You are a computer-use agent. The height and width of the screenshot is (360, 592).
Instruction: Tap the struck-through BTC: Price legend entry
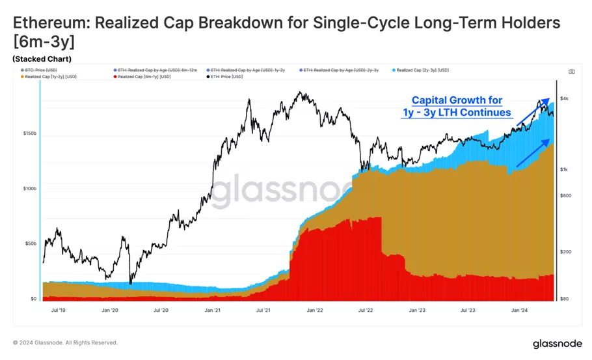(41, 70)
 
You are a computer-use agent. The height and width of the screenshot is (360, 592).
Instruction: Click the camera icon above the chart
(571, 72)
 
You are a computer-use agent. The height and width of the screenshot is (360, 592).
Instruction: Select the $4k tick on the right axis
(565, 99)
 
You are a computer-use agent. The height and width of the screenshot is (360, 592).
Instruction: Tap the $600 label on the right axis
(565, 196)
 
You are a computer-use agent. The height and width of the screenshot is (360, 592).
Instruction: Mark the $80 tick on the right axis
(565, 299)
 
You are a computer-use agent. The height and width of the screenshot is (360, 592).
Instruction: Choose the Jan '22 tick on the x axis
(314, 311)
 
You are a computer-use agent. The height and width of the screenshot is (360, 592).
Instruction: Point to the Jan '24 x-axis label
(519, 311)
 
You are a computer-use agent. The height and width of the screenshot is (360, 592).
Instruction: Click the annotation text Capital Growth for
(457, 100)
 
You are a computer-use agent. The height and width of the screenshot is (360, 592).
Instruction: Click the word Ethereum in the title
(49, 23)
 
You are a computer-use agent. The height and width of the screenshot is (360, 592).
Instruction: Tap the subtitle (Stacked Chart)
(42, 59)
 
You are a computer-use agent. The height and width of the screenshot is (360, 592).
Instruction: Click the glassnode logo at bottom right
(556, 343)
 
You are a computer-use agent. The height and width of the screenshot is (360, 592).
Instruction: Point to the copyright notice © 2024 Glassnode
(65, 342)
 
